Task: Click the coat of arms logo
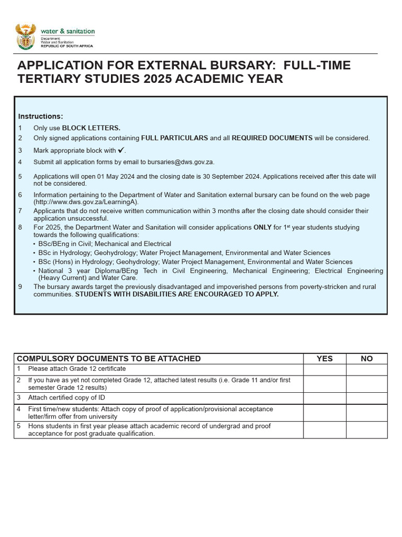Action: click(x=26, y=36)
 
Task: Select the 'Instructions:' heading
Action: click(x=40, y=116)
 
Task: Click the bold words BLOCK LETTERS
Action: click(x=91, y=128)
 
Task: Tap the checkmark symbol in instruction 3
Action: click(x=121, y=151)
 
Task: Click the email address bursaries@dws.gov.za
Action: click(x=182, y=162)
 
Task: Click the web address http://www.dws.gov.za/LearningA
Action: click(x=86, y=202)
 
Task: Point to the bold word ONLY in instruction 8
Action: click(x=262, y=228)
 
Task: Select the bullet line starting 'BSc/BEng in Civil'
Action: click(x=105, y=244)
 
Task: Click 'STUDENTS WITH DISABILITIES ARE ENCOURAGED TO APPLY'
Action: click(x=177, y=294)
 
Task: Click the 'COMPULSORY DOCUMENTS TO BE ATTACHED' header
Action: click(x=109, y=359)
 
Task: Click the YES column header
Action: click(x=325, y=359)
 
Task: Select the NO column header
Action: click(x=366, y=359)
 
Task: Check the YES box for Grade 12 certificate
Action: click(x=325, y=369)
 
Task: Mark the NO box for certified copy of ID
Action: click(x=366, y=398)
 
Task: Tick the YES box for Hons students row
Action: click(x=325, y=430)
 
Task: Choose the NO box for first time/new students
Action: click(x=366, y=413)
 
